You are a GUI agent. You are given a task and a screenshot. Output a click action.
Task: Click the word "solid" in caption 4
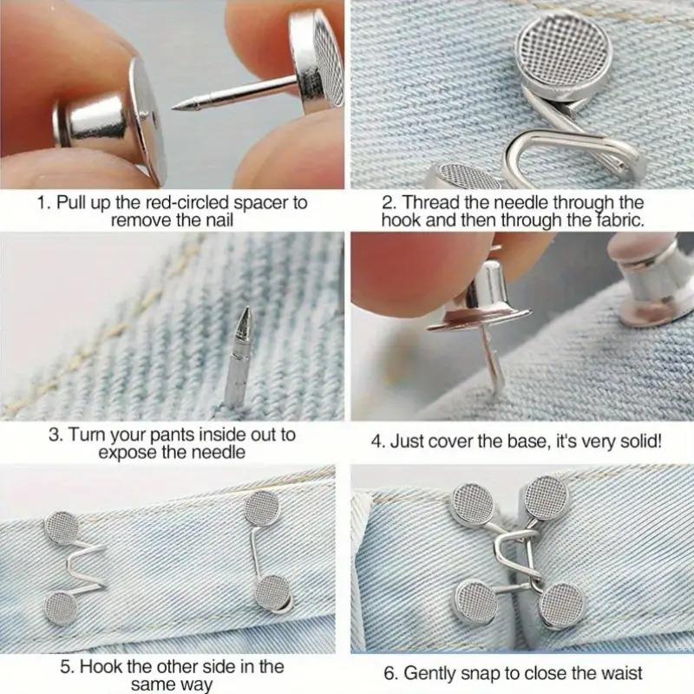tap(638, 441)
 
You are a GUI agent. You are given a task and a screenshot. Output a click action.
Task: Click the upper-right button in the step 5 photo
tap(259, 507)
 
